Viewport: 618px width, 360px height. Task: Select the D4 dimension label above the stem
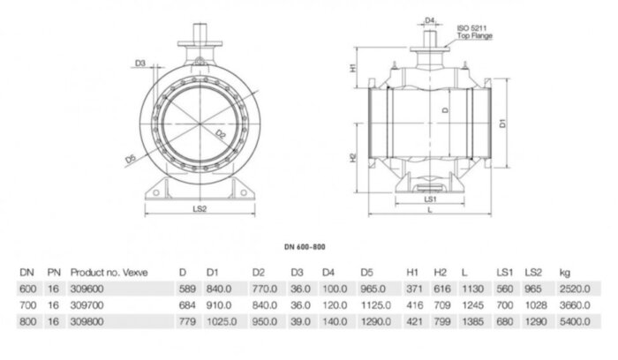coord(430,19)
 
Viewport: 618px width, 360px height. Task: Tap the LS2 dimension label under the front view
coord(199,209)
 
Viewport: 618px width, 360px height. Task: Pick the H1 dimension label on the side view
coord(352,68)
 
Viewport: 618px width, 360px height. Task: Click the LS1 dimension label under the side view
coord(431,199)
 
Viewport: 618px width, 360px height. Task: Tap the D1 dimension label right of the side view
coord(502,124)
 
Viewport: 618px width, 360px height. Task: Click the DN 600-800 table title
coord(308,250)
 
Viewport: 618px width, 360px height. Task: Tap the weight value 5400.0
coord(568,319)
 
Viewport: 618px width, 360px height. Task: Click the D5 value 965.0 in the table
coord(376,288)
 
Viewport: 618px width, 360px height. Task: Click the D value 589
coord(185,288)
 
